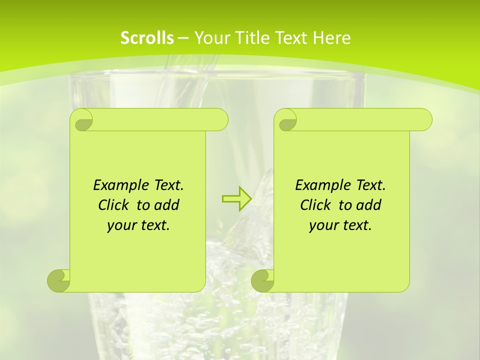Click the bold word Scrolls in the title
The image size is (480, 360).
tap(147, 38)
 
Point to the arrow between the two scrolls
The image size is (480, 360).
tap(237, 198)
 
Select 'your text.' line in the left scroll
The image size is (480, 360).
tap(138, 225)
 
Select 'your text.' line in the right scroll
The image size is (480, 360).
tap(340, 225)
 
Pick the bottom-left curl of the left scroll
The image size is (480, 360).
tap(59, 280)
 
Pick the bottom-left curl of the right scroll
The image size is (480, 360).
tap(263, 280)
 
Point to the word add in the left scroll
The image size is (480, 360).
tap(167, 205)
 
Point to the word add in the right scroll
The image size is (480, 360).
tap(369, 205)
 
